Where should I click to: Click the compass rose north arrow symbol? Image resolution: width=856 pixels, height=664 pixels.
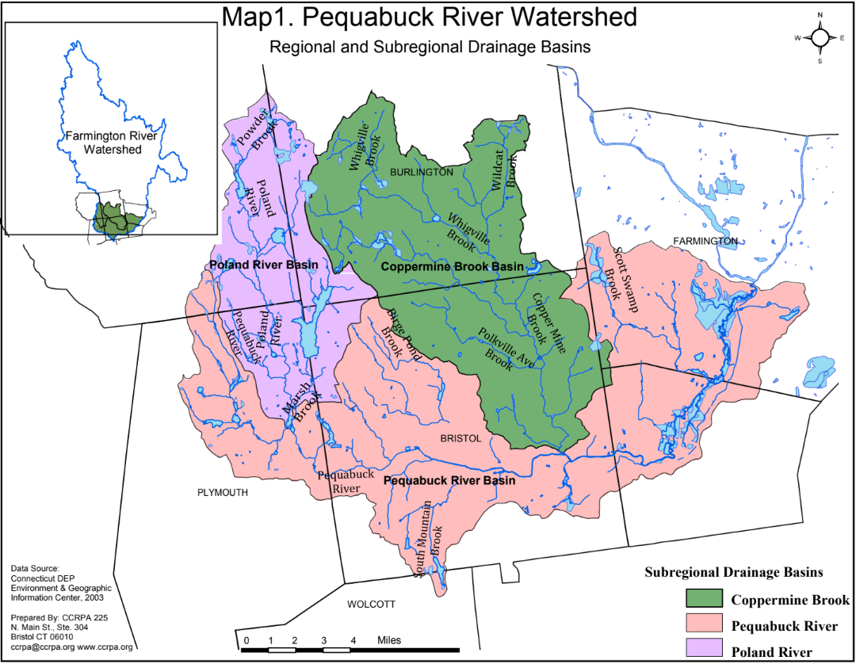pos(820,37)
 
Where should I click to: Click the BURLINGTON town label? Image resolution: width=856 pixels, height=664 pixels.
pos(421,172)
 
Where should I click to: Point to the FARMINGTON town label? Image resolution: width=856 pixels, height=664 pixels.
pos(705,241)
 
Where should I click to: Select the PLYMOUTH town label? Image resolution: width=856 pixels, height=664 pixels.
pos(223,493)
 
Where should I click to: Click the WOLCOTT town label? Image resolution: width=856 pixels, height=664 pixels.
pos(371,605)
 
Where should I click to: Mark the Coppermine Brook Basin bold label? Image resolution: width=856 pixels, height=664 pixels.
pos(452,267)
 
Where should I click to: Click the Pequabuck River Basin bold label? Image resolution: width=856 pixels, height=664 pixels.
pos(449,481)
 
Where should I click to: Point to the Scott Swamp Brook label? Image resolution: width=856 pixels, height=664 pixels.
pos(617,274)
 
